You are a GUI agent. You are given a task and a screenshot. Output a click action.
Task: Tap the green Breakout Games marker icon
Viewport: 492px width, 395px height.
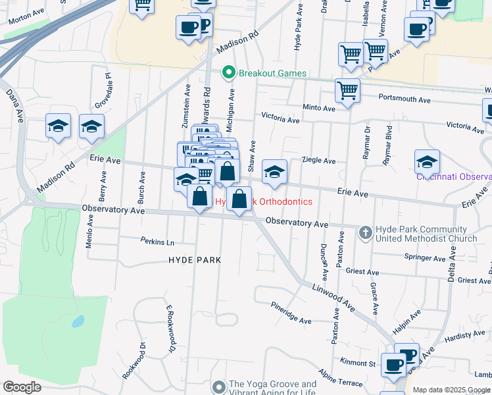pos(229,72)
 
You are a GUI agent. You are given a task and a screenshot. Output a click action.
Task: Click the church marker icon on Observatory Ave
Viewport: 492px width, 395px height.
pos(366,232)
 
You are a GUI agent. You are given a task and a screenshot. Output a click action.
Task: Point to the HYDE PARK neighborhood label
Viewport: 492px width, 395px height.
pos(195,260)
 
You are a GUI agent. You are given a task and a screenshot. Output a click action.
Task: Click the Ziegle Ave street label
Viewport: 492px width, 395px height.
pos(319,161)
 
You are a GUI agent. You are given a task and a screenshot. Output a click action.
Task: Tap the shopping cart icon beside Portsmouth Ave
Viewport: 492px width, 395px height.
pos(347,91)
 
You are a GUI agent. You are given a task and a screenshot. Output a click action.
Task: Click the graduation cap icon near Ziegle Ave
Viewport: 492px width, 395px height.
pos(274,172)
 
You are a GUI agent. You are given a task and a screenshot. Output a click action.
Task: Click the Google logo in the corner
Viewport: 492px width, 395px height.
pos(22,387)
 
